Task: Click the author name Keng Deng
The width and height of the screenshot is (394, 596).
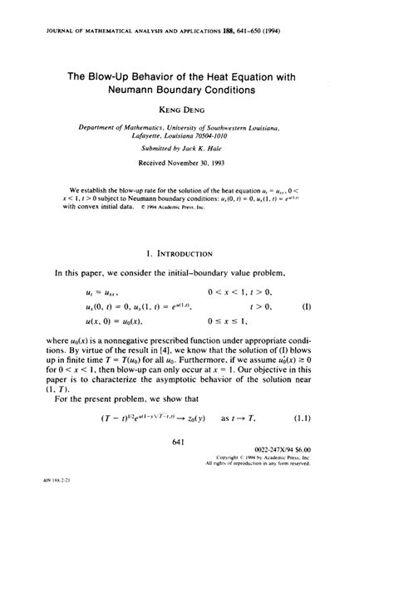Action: click(x=196, y=108)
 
